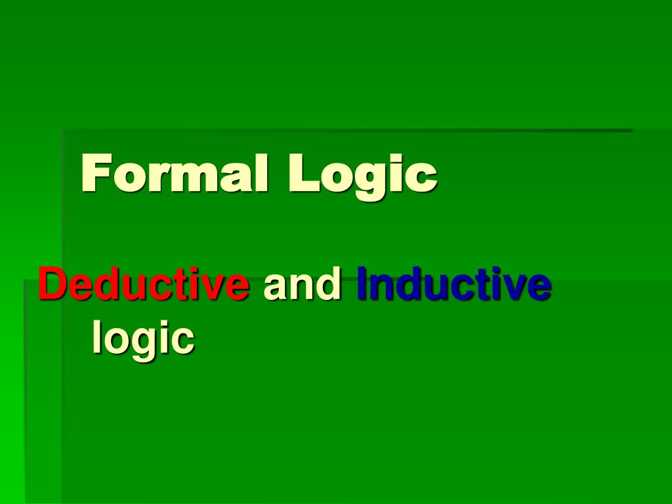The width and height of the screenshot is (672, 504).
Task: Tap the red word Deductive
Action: point(144,285)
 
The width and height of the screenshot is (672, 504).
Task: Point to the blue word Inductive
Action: point(453,285)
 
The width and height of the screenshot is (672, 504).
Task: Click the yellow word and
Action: point(303,285)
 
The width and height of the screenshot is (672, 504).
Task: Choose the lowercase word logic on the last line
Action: point(143,338)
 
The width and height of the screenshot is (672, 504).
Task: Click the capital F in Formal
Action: point(94,174)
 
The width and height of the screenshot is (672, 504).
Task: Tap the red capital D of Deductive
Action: point(51,285)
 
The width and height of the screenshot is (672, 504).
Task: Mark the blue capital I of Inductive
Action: point(363,285)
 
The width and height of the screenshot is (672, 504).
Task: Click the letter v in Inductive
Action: point(516,288)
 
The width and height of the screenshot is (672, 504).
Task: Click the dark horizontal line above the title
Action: point(348,131)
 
